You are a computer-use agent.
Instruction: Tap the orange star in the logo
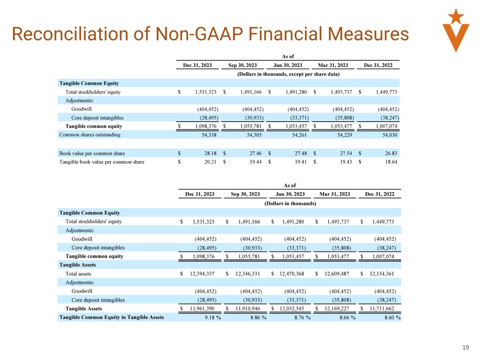pos(456,16)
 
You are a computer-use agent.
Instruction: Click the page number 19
pos(465,347)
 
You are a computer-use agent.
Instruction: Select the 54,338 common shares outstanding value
pos(207,135)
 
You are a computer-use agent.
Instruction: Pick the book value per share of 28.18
pos(210,153)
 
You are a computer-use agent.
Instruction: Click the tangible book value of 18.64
pos(391,162)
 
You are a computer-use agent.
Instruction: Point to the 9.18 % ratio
pos(213,317)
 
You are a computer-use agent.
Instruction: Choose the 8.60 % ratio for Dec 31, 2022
pos(392,317)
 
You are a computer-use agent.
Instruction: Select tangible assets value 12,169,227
pos(337,309)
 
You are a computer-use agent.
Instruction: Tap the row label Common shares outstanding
pos(90,135)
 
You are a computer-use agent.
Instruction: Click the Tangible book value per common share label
pos(102,162)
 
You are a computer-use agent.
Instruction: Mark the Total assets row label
pos(78,274)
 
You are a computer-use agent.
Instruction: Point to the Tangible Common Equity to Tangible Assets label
pos(111,317)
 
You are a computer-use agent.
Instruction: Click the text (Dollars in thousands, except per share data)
pos(288,74)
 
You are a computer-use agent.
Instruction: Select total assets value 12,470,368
pos(292,274)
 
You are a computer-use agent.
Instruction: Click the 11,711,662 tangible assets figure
pos(382,309)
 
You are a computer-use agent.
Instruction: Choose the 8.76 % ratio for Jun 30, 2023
pos(302,317)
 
